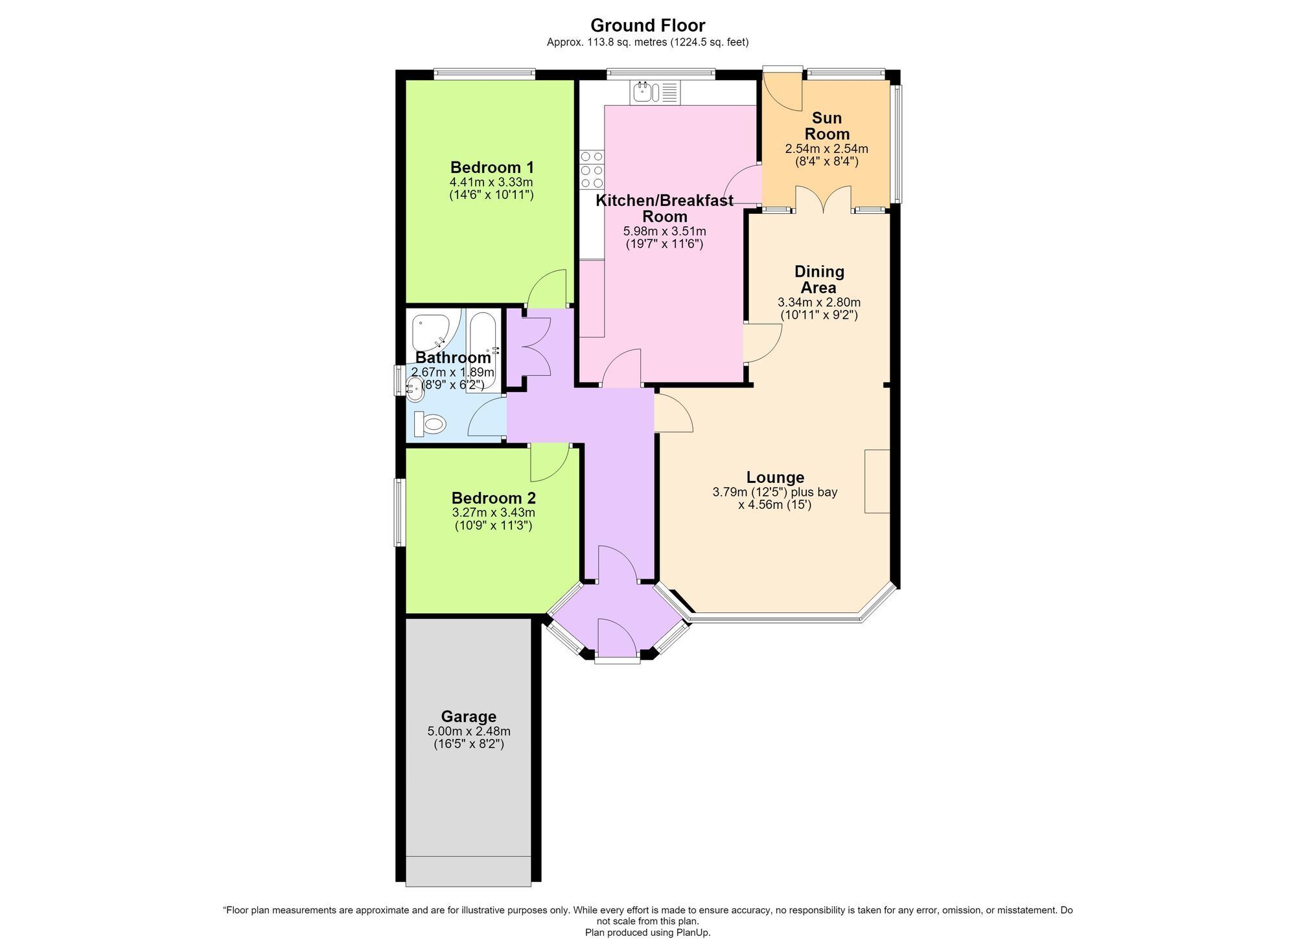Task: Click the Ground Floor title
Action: coord(647,25)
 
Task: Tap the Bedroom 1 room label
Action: coord(492,167)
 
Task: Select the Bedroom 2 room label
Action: coord(494,498)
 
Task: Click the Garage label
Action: coord(469,717)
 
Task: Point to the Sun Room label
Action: coord(827,126)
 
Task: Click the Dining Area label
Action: coord(819,279)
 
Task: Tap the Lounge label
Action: coord(775,478)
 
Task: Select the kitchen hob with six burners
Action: coord(591,170)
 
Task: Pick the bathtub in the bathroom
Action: coord(483,350)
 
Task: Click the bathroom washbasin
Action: coord(415,387)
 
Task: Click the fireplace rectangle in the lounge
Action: coord(877,482)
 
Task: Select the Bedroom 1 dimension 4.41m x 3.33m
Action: coord(491,182)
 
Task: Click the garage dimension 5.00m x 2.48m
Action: coord(469,732)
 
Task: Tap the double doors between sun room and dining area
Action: coord(823,199)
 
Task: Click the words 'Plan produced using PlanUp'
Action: coord(647,933)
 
